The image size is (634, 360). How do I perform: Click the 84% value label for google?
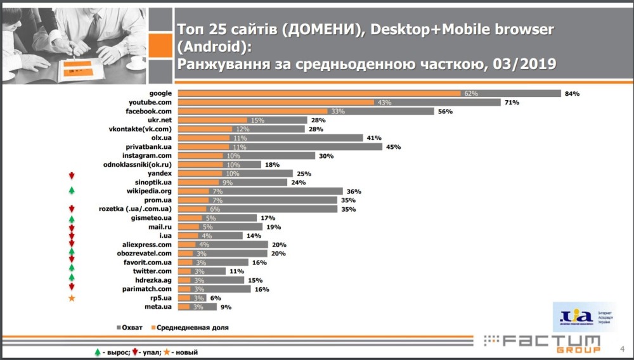[x=572, y=93]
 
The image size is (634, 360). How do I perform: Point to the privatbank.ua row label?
[x=149, y=146]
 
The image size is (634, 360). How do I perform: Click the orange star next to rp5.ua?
[x=72, y=297]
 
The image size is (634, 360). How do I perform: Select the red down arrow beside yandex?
[x=72, y=173]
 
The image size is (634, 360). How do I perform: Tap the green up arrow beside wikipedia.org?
[x=72, y=191]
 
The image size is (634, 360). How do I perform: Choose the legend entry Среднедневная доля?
[x=190, y=328]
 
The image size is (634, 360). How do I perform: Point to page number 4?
[x=621, y=347]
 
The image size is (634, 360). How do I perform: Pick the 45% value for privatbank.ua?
[x=393, y=146]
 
